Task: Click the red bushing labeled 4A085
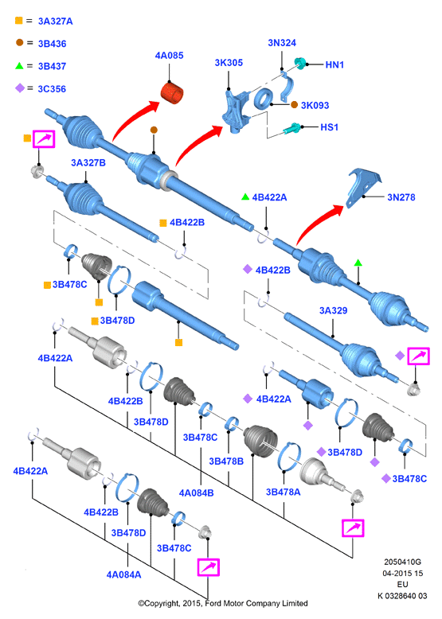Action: (x=172, y=93)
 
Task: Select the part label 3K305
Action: (x=229, y=63)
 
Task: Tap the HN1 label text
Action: (x=334, y=64)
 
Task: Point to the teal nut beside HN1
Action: (x=300, y=63)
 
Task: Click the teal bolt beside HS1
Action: (x=292, y=128)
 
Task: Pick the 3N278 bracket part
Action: (x=363, y=188)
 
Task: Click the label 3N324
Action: (x=282, y=43)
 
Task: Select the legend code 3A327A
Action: (x=55, y=21)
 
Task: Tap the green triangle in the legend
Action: (x=19, y=65)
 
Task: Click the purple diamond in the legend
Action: (x=20, y=88)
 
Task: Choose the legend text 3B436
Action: (x=52, y=44)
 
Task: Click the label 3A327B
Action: (x=88, y=162)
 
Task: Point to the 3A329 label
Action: (x=334, y=310)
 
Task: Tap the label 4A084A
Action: (x=123, y=574)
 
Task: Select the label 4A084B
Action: (x=197, y=493)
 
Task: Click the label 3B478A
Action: (x=284, y=492)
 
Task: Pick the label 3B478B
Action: (x=226, y=461)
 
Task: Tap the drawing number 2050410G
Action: (x=402, y=562)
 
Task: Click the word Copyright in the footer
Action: (x=162, y=604)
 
